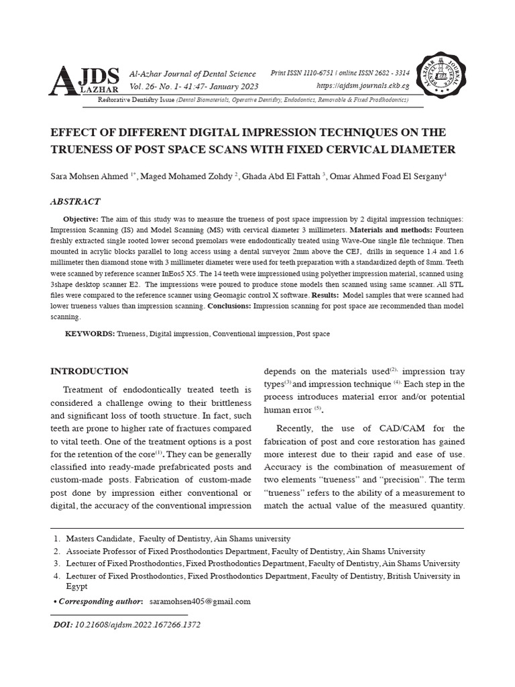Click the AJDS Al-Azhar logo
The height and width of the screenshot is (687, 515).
87,80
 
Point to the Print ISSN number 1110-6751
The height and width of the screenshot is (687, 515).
317,73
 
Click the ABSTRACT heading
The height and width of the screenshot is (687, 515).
76,201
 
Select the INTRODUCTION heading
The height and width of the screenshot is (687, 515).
90,371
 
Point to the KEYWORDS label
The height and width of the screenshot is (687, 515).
89,333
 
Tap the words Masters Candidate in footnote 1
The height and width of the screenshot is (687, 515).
99,539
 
